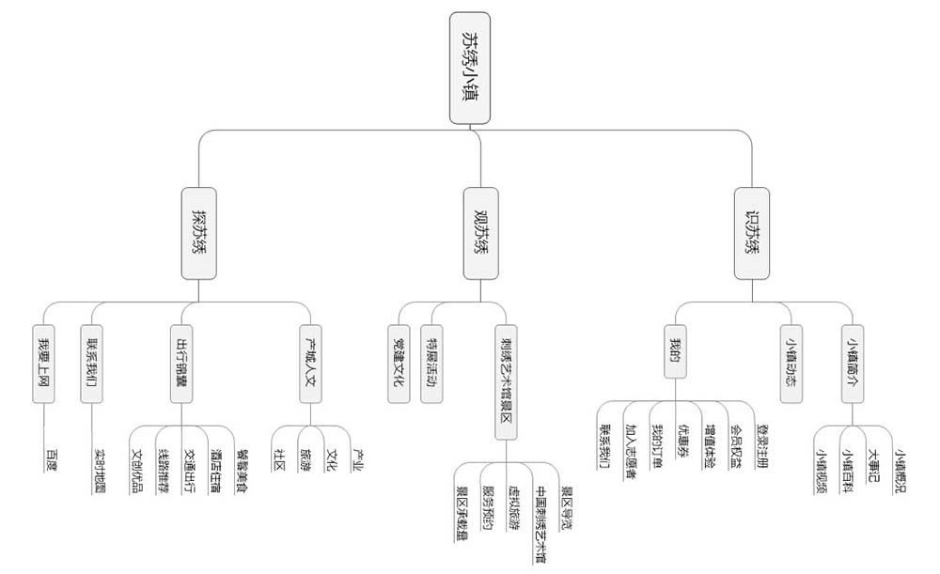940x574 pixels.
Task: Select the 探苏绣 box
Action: [x=199, y=233]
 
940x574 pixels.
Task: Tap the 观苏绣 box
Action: [x=481, y=233]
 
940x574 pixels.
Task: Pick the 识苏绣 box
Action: [x=752, y=233]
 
